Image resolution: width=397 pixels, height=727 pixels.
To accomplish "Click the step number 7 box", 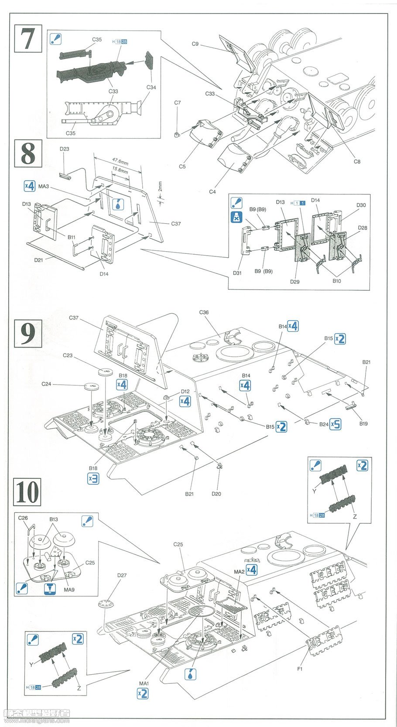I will (x=29, y=38).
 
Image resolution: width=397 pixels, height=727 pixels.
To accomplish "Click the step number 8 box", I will (x=29, y=153).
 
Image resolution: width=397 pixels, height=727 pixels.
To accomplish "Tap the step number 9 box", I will (x=29, y=333).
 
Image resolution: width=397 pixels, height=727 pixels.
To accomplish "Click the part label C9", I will (x=195, y=44).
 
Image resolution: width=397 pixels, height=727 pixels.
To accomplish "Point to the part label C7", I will (x=178, y=103).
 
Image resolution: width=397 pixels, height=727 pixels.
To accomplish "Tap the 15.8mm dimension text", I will (x=120, y=171).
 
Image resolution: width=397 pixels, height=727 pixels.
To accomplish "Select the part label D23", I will (x=65, y=149).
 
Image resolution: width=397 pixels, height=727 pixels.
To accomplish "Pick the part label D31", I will (x=237, y=273).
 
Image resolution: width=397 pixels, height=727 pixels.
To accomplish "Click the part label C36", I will (x=204, y=312).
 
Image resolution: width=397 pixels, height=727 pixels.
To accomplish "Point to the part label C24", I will (x=47, y=384).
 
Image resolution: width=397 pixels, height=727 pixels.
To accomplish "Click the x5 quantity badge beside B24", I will (x=335, y=423).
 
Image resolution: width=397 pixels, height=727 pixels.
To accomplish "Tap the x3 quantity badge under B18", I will (x=93, y=478).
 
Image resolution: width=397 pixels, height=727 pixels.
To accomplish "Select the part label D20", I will (x=217, y=494).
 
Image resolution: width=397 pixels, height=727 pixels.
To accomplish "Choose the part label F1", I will (x=300, y=669).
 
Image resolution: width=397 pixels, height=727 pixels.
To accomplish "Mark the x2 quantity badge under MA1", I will (x=142, y=693).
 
